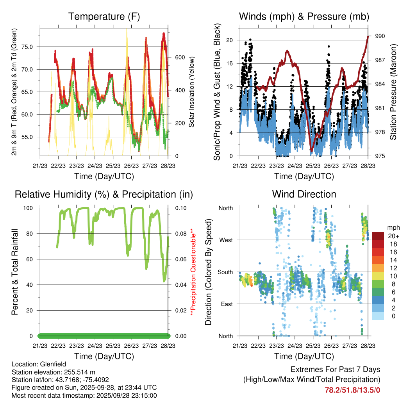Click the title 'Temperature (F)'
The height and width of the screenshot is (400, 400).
(104, 16)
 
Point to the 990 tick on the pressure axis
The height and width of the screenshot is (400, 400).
(380, 36)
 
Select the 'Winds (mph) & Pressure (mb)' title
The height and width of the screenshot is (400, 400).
(304, 16)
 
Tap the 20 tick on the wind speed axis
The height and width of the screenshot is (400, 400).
(230, 40)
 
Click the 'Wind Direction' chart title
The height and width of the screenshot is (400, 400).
(304, 194)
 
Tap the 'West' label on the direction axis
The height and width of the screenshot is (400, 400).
(226, 240)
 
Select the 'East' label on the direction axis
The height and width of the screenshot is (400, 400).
(226, 304)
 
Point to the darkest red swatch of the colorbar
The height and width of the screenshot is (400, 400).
(379, 236)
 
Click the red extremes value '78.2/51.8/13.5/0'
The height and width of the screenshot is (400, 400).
(352, 390)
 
